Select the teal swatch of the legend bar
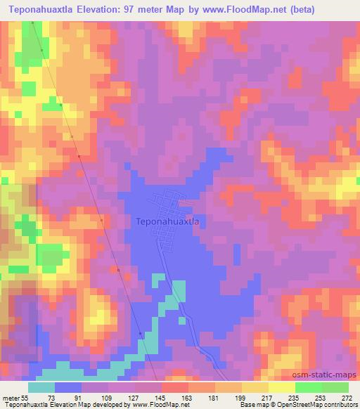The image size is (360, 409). pos(41,387)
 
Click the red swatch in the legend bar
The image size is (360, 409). pos(175,387)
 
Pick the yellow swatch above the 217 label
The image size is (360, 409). pos(255,387)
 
